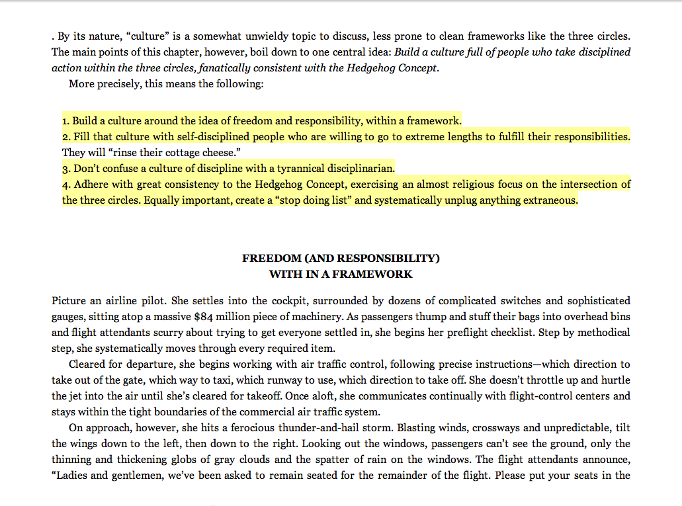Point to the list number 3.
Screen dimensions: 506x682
(66, 169)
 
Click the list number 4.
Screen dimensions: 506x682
(66, 185)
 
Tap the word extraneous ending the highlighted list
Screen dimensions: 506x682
(548, 200)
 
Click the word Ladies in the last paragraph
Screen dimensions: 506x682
(71, 476)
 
